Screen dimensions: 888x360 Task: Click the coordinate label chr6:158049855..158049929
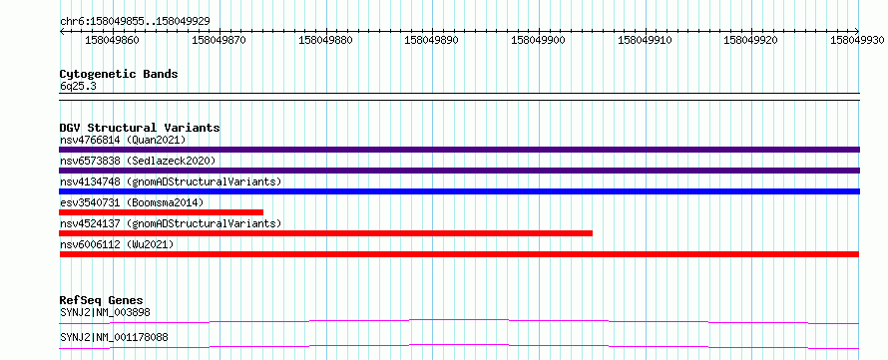click(135, 21)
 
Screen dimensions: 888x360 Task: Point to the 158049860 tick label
click(112, 40)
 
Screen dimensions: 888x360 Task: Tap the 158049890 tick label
click(431, 40)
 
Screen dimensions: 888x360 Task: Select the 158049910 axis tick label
click(645, 40)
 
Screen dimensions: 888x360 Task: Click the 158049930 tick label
click(857, 40)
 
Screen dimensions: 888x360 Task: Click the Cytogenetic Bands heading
click(119, 74)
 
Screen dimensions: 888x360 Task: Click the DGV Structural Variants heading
click(140, 128)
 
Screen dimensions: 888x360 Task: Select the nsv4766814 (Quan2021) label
click(123, 140)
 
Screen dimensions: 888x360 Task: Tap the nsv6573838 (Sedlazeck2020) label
click(138, 161)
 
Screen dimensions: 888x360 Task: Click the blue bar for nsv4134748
click(459, 191)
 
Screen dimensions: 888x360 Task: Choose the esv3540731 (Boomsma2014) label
click(132, 202)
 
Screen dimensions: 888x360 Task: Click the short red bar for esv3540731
click(161, 212)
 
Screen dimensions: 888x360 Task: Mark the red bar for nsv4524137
click(325, 233)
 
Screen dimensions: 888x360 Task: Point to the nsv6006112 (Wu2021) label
click(117, 244)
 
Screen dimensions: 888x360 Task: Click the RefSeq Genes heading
click(102, 300)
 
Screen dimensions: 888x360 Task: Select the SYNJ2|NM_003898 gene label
click(105, 312)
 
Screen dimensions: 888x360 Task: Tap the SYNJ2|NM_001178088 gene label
click(114, 338)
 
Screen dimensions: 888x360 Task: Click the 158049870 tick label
click(219, 40)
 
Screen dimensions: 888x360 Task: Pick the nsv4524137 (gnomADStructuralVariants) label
click(171, 223)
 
